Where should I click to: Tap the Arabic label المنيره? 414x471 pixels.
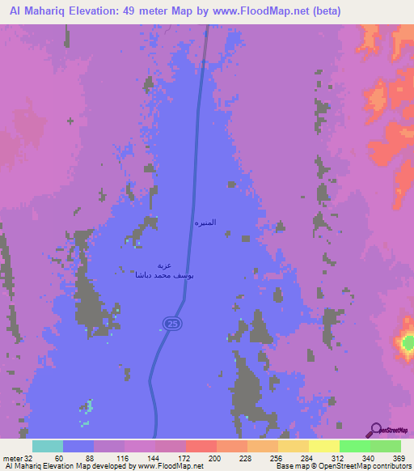(x=205, y=222)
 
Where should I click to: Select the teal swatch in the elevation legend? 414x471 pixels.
(x=48, y=446)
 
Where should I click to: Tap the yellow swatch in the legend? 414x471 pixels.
(x=323, y=446)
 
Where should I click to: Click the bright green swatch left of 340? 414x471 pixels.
(x=354, y=446)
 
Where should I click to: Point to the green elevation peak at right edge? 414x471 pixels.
(x=408, y=345)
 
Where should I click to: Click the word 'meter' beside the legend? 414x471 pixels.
(x=13, y=457)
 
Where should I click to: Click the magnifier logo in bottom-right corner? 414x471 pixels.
(x=376, y=431)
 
